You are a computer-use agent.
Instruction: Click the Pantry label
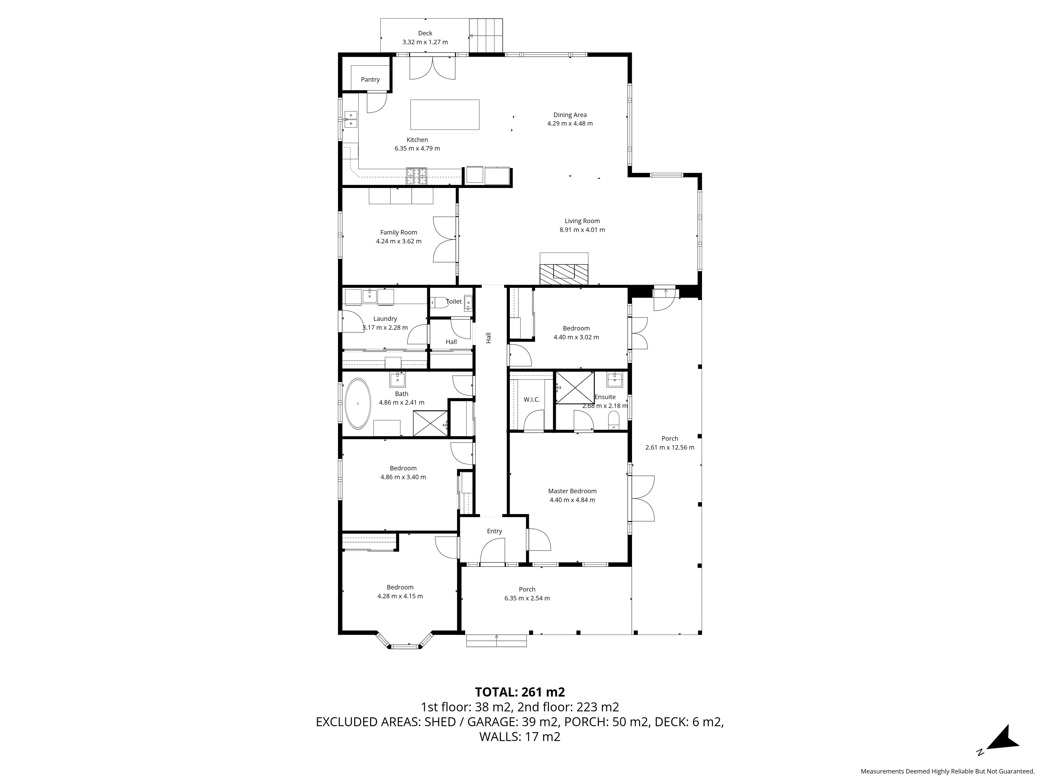[370, 80]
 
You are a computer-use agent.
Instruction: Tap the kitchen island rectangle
[445, 114]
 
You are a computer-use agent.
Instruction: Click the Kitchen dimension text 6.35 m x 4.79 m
[417, 148]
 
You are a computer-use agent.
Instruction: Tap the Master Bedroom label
[572, 491]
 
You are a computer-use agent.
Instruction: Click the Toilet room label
[454, 301]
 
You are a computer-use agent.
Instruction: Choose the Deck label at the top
[425, 33]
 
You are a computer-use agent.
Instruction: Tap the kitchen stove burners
[417, 176]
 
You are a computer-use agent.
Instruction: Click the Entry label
[494, 531]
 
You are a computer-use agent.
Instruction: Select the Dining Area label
[570, 115]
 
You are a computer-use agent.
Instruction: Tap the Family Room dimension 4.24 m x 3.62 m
[399, 241]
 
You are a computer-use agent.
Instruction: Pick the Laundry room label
[385, 319]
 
